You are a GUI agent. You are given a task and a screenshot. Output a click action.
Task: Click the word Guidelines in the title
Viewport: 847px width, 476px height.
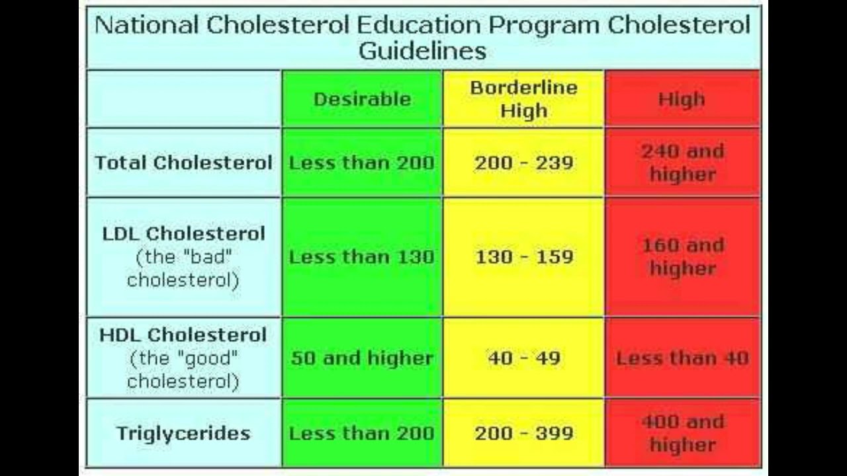point(422,52)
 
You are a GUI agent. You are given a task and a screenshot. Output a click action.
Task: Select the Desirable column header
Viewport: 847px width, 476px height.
point(362,99)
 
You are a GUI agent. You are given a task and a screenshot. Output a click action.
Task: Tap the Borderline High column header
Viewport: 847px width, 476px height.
point(523,99)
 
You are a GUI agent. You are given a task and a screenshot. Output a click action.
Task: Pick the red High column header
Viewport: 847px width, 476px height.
point(682,99)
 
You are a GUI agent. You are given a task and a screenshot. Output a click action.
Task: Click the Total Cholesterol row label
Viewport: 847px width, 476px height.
point(183,163)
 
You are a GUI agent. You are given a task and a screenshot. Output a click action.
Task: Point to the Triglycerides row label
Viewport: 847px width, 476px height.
point(183,434)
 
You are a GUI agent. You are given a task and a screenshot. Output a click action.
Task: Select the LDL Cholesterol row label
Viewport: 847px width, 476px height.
point(183,233)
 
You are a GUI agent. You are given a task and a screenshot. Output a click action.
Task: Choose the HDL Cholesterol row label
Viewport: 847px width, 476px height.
point(183,335)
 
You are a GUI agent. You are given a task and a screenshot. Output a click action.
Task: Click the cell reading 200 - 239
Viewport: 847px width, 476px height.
point(523,163)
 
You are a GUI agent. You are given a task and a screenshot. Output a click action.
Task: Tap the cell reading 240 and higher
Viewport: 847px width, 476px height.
point(682,163)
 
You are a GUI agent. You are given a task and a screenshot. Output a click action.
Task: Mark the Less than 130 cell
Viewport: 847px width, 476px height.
point(362,257)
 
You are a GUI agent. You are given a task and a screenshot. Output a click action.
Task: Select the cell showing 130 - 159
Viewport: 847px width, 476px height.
point(523,257)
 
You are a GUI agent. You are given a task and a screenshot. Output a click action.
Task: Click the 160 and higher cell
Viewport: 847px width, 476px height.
point(682,257)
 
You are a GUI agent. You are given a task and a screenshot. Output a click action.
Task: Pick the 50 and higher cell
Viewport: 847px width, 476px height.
point(362,358)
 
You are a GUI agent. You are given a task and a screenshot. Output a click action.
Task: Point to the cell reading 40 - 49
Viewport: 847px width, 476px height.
point(523,358)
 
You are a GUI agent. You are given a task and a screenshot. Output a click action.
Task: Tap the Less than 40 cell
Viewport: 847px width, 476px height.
point(682,358)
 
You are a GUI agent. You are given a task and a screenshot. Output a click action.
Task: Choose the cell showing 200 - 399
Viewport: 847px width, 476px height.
point(523,434)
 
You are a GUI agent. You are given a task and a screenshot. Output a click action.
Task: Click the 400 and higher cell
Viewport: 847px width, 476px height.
point(682,433)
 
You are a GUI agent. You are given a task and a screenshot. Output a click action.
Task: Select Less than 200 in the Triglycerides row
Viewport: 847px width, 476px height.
point(362,434)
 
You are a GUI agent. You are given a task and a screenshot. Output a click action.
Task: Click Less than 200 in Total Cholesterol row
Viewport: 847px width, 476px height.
point(362,163)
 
